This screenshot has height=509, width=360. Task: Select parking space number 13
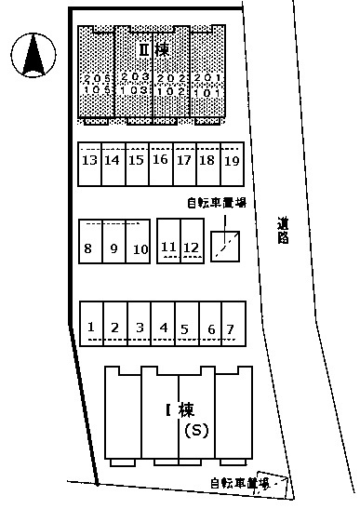[x=90, y=160]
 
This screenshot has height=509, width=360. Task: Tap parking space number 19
[x=232, y=160]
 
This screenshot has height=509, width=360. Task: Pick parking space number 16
[x=160, y=160]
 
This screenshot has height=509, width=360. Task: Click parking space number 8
[x=88, y=248]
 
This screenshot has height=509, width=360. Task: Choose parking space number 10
[x=140, y=248]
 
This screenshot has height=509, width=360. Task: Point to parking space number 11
[x=168, y=247]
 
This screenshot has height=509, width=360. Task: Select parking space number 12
[x=191, y=247]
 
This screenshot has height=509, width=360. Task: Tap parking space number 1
[x=91, y=327]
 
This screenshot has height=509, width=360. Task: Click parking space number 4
[x=163, y=327]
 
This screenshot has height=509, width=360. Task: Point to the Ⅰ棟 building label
[x=179, y=408]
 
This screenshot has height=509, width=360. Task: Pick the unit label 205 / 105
[x=96, y=85]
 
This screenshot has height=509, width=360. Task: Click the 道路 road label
[x=283, y=230]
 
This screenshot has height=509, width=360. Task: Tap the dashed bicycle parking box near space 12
[x=227, y=245]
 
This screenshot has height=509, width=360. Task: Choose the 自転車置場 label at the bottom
[x=239, y=483]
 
